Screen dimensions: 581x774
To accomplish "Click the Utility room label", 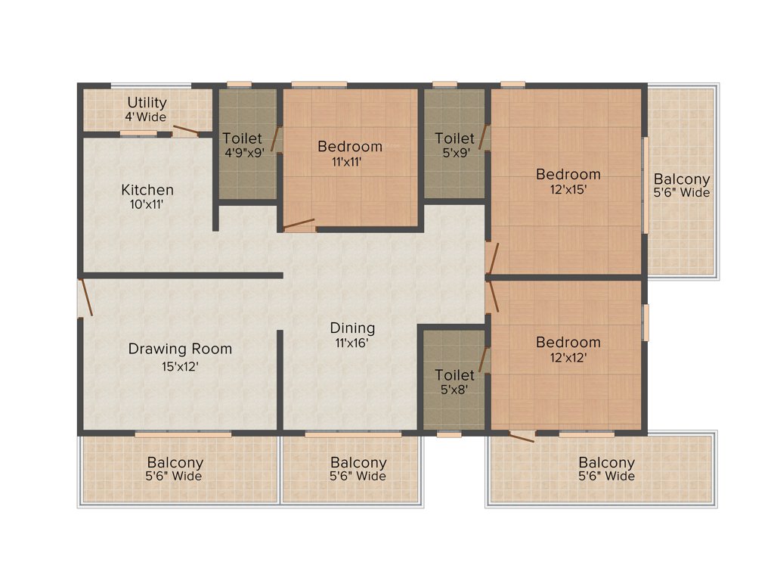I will click(x=147, y=103).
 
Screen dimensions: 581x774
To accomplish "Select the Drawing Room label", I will click(x=180, y=349).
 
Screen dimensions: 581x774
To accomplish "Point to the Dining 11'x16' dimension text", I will click(x=352, y=342).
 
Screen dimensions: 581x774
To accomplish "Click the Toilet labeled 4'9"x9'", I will click(x=242, y=153).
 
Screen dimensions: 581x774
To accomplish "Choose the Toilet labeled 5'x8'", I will click(x=454, y=389).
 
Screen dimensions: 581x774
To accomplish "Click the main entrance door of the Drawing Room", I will click(x=85, y=297).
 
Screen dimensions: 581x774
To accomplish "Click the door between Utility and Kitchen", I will click(x=186, y=131).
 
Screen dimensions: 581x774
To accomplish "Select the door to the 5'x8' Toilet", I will click(x=485, y=359).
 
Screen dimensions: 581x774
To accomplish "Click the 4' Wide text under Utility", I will click(x=146, y=117).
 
